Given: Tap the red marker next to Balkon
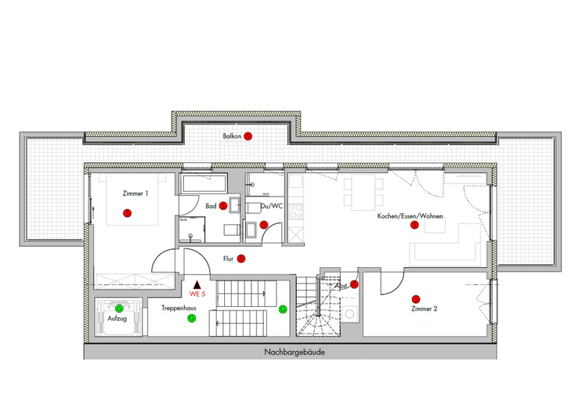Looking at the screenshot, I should point(249,136).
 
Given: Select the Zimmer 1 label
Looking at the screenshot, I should point(136,193).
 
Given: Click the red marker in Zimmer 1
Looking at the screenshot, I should point(127,213).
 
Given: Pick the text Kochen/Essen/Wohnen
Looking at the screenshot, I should point(410,215).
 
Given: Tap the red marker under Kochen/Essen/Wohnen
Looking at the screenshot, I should point(415,227).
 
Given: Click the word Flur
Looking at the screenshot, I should point(229,260).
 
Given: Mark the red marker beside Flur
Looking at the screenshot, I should point(241,260).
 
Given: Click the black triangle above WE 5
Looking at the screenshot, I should point(197,284).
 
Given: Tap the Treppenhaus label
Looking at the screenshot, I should point(179,308).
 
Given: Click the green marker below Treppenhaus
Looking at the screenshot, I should point(191,319).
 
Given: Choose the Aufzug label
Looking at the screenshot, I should point(117,319).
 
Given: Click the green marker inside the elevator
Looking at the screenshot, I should point(119,308).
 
